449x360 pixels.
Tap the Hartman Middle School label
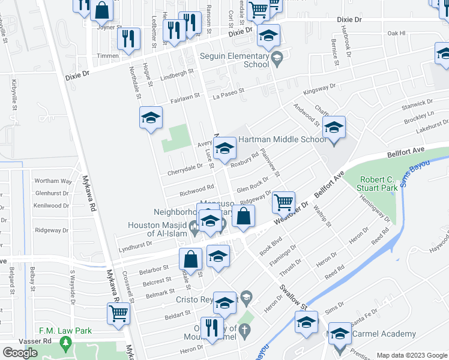[282, 139]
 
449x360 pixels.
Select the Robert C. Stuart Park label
[387, 184]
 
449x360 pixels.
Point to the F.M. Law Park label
[65, 331]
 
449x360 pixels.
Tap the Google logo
[20, 353]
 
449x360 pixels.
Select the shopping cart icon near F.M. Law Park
[119, 313]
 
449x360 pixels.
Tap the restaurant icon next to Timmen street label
[128, 39]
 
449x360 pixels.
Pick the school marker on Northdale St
[151, 118]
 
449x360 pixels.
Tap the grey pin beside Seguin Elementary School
[277, 58]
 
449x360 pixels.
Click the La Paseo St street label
[229, 92]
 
